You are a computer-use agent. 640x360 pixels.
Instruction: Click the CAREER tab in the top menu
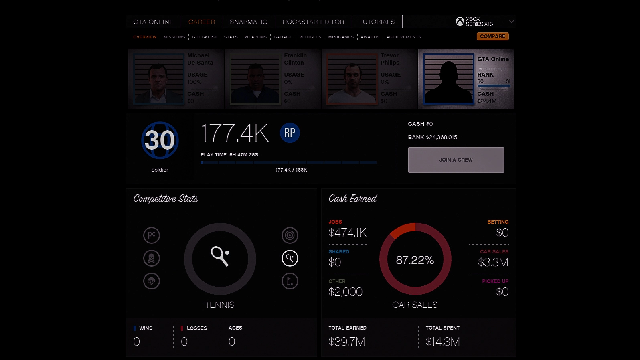pyautogui.click(x=201, y=22)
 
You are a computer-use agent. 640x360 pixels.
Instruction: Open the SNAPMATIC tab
pyautogui.click(x=248, y=22)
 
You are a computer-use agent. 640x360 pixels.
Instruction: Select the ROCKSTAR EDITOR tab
pyautogui.click(x=313, y=22)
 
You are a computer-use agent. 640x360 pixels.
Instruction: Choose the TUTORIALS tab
pyautogui.click(x=377, y=22)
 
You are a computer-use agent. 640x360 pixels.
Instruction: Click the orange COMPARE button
pyautogui.click(x=492, y=36)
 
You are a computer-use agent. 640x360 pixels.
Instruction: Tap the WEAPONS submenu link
pyautogui.click(x=255, y=37)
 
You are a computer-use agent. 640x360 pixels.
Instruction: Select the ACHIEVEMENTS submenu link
pyautogui.click(x=403, y=37)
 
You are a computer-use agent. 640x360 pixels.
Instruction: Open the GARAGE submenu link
pyautogui.click(x=283, y=37)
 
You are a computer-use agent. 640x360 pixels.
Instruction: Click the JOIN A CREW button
pyautogui.click(x=456, y=160)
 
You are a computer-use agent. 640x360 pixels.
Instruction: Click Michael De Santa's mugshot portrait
pyautogui.click(x=158, y=79)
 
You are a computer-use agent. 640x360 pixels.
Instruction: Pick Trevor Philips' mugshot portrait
pyautogui.click(x=352, y=79)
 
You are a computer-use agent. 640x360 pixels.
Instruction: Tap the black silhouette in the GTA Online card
pyautogui.click(x=449, y=80)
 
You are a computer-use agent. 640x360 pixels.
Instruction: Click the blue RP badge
pyautogui.click(x=290, y=133)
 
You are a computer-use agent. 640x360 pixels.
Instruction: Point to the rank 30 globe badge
pyautogui.click(x=160, y=140)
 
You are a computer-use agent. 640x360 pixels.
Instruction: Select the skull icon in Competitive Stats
pyautogui.click(x=152, y=258)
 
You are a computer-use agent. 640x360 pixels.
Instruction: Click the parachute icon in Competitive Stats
pyautogui.click(x=152, y=281)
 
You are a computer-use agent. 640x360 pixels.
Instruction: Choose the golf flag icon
pyautogui.click(x=290, y=281)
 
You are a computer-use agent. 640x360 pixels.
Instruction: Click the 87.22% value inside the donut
pyautogui.click(x=415, y=260)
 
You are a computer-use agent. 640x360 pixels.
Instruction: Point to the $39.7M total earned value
pyautogui.click(x=346, y=342)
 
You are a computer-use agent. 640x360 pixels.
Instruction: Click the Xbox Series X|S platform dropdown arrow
pyautogui.click(x=511, y=22)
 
